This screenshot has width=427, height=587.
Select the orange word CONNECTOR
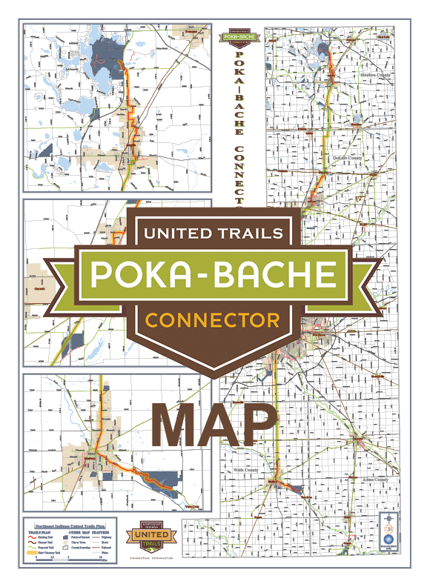pyautogui.click(x=212, y=319)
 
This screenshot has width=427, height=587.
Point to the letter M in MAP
pyautogui.click(x=176, y=425)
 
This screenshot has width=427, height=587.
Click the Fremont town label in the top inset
pyautogui.click(x=196, y=33)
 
